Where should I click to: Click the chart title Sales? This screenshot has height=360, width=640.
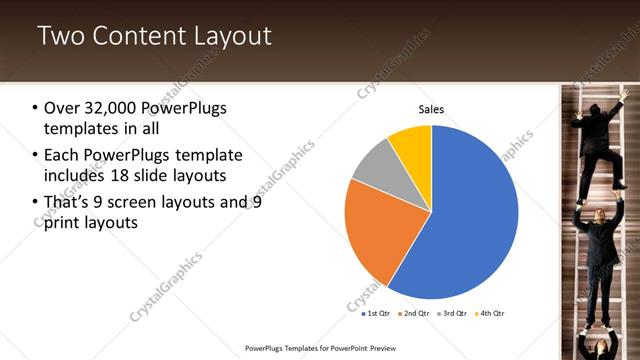pos(430,109)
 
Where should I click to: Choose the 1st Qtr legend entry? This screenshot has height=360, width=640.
pos(377,313)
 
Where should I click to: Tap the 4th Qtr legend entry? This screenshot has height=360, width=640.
pos(489,313)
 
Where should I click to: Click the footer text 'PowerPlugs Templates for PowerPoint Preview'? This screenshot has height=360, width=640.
pos(328,348)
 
